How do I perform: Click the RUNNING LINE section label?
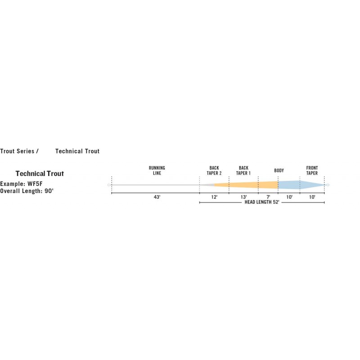(157, 171)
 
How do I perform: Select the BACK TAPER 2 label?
(214, 171)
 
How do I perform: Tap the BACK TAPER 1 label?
(243, 171)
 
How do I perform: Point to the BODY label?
(279, 171)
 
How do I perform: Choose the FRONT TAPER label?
(312, 171)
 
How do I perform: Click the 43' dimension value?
(157, 197)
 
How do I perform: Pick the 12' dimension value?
(214, 197)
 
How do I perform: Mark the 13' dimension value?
(243, 197)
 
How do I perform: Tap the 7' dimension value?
(268, 197)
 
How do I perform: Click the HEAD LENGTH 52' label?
(262, 202)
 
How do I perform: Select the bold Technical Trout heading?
(40, 174)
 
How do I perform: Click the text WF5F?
(35, 184)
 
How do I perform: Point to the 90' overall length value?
(49, 191)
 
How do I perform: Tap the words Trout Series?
(17, 151)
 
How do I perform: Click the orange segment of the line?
(246, 185)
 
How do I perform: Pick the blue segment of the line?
(298, 185)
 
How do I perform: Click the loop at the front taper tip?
(328, 185)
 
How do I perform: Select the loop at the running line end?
(109, 185)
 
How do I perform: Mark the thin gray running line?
(155, 185)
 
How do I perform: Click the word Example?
(12, 184)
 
